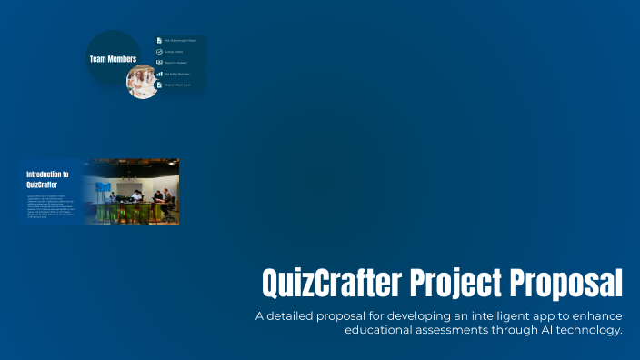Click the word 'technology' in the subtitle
(588, 330)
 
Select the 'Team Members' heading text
(113, 59)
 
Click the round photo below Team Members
(142, 81)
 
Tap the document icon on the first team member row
(159, 40)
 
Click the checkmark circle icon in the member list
(159, 52)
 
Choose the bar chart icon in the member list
(159, 75)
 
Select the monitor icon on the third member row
(159, 63)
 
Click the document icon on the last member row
(159, 85)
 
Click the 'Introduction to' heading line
(47, 174)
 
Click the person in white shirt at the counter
(136, 195)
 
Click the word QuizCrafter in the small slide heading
(44, 183)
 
